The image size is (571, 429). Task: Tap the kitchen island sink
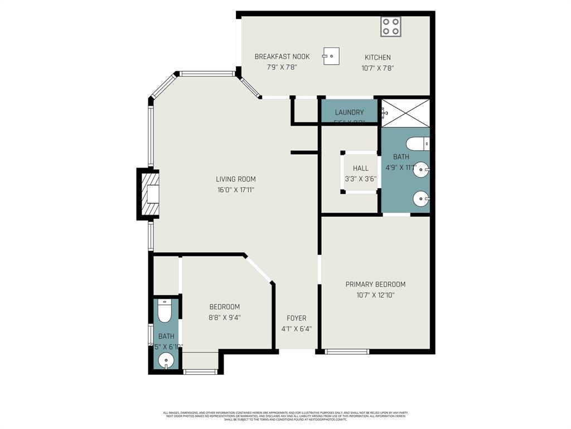pyautogui.click(x=331, y=56)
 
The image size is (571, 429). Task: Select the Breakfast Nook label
pyautogui.click(x=282, y=56)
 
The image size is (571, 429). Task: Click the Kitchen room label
pyautogui.click(x=378, y=57)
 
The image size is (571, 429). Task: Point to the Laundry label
pyautogui.click(x=349, y=112)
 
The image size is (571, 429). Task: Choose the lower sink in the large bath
pyautogui.click(x=421, y=198)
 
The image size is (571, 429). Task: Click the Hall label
pyautogui.click(x=360, y=168)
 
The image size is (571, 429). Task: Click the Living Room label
pyautogui.click(x=236, y=179)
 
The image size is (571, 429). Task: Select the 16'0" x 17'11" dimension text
pyautogui.click(x=236, y=190)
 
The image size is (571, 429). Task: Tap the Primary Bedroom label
pyautogui.click(x=375, y=284)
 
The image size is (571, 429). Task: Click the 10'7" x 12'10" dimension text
pyautogui.click(x=375, y=295)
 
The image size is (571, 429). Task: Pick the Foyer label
pyautogui.click(x=296, y=318)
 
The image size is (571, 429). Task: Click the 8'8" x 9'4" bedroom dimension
pyautogui.click(x=225, y=318)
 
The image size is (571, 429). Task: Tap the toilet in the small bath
pyautogui.click(x=164, y=312)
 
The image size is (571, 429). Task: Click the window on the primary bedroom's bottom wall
pyautogui.click(x=347, y=351)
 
